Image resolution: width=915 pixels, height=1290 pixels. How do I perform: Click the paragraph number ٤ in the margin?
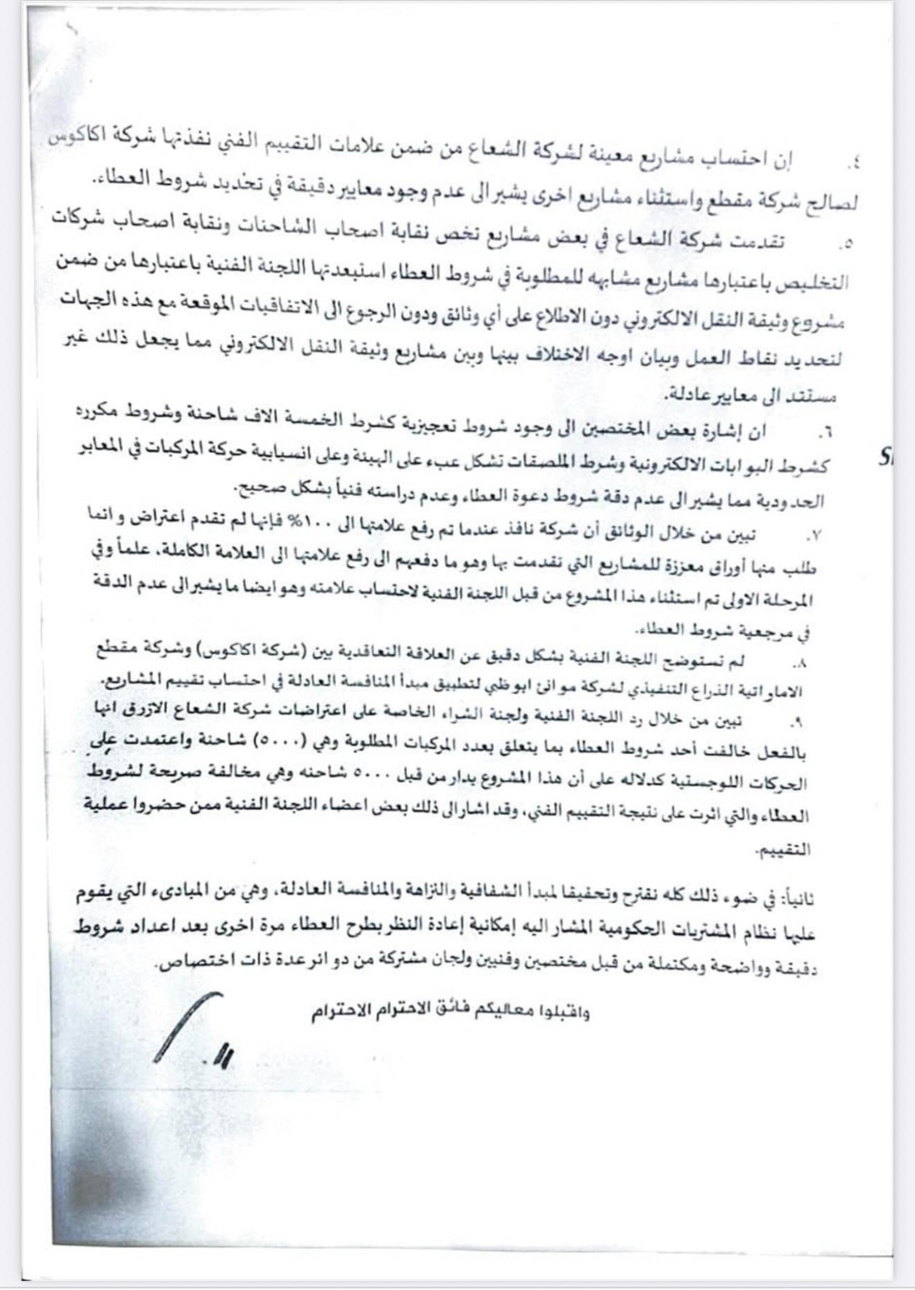click(854, 164)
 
